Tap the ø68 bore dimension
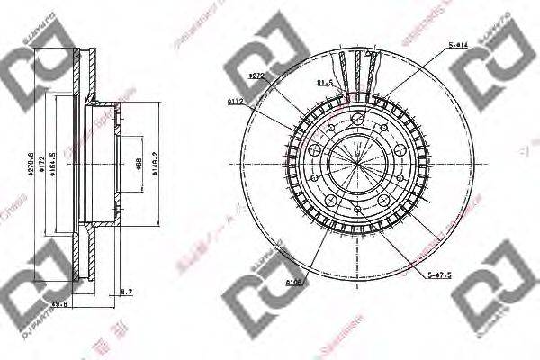[139, 163]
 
